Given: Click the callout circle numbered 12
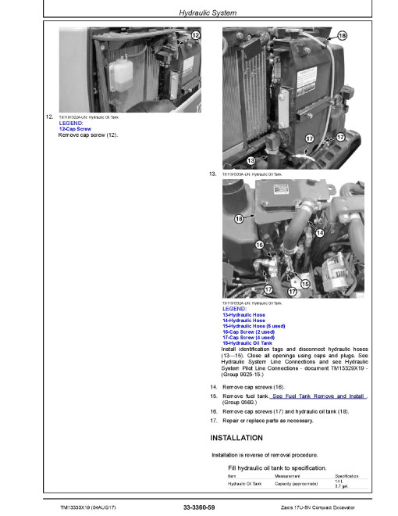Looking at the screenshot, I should tap(195, 37).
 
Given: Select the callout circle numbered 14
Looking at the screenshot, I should tap(319, 233).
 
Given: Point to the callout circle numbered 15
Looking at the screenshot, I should tap(304, 283).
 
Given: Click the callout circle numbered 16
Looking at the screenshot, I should tap(259, 246).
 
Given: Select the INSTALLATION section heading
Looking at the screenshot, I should tap(236, 438).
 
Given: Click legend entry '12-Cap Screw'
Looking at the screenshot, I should tap(75, 129).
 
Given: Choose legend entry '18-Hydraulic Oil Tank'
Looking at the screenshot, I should tap(247, 342).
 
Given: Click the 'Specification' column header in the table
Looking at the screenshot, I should tap(346, 475).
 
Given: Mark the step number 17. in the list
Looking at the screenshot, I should tap(215, 421).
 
